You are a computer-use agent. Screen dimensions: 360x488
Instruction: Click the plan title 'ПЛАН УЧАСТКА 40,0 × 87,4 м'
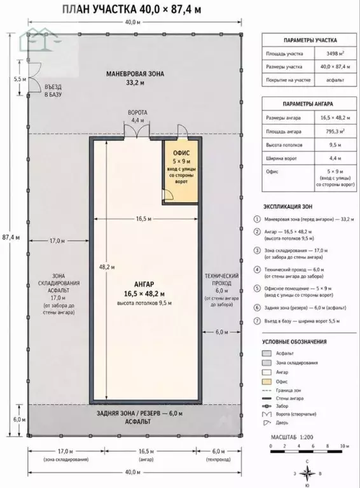[132, 10]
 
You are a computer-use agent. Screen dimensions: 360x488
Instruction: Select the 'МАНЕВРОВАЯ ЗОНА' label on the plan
[135, 74]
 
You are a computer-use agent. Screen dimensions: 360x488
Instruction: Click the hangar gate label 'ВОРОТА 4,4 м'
[137, 116]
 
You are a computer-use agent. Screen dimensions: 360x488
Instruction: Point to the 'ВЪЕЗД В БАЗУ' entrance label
[53, 90]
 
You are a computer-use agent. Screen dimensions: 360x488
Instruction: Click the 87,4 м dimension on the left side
[11, 237]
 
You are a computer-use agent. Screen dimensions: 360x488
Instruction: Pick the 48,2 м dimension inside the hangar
[107, 267]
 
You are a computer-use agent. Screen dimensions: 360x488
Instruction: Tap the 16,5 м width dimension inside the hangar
[144, 219]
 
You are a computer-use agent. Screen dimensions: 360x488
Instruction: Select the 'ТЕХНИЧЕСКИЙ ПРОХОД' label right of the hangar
[221, 279]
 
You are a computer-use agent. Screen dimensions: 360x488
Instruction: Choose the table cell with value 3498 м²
[335, 53]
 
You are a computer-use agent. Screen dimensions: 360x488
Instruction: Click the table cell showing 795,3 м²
[335, 131]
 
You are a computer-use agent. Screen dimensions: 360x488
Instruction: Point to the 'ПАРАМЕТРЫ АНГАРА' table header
[308, 104]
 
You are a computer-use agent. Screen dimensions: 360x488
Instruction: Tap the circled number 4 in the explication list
[257, 270]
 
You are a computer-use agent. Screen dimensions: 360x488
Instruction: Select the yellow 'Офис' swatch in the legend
[267, 382]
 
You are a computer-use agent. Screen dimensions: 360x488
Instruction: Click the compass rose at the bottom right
[307, 473]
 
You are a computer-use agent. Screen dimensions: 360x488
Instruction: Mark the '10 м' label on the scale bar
[345, 445]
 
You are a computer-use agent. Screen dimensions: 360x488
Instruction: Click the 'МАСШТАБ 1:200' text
[292, 437]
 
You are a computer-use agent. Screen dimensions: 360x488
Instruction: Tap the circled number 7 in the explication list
[257, 321]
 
